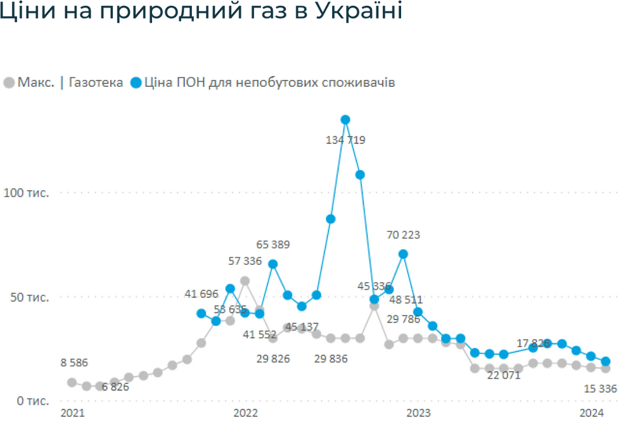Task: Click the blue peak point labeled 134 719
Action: [345, 120]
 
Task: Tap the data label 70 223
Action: [403, 235]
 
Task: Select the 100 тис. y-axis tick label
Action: [26, 193]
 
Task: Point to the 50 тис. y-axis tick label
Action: [29, 297]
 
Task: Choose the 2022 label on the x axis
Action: [245, 413]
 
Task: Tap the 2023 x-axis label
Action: [418, 413]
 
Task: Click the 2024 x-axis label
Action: [592, 413]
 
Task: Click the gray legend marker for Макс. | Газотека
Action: [10, 83]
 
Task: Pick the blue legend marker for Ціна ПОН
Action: [136, 83]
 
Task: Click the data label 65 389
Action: [274, 245]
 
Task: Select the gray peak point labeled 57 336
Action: [245, 281]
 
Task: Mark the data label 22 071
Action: [503, 375]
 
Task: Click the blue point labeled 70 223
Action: [403, 254]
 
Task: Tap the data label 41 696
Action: [202, 293]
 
